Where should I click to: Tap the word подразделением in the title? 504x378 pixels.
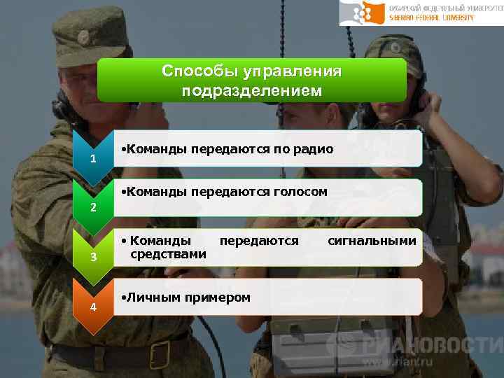point(251,90)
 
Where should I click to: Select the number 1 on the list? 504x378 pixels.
point(92,160)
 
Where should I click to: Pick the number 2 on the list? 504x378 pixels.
point(92,209)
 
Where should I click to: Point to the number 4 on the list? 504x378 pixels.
point(92,307)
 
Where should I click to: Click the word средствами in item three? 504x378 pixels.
point(168,254)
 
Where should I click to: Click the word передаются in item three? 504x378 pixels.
point(259,241)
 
